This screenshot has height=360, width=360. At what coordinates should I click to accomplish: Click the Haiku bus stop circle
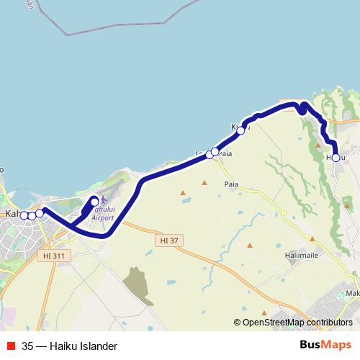point(336,157)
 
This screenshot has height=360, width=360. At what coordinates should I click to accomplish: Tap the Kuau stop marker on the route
point(240,130)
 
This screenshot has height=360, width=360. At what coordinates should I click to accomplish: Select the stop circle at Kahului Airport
point(94,202)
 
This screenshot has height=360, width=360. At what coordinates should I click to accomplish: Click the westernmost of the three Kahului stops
point(24,215)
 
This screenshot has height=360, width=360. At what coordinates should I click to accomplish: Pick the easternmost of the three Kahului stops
point(40,213)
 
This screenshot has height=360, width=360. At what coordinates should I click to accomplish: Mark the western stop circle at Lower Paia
point(210,154)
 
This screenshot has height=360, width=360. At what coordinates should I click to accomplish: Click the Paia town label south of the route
point(231,184)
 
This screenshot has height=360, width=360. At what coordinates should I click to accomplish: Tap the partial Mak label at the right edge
point(352,294)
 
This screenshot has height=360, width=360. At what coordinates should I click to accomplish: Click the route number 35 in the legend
point(27,346)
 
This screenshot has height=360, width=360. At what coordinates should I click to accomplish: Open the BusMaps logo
point(326,346)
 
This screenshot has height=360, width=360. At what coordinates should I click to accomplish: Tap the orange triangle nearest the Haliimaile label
point(249,246)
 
